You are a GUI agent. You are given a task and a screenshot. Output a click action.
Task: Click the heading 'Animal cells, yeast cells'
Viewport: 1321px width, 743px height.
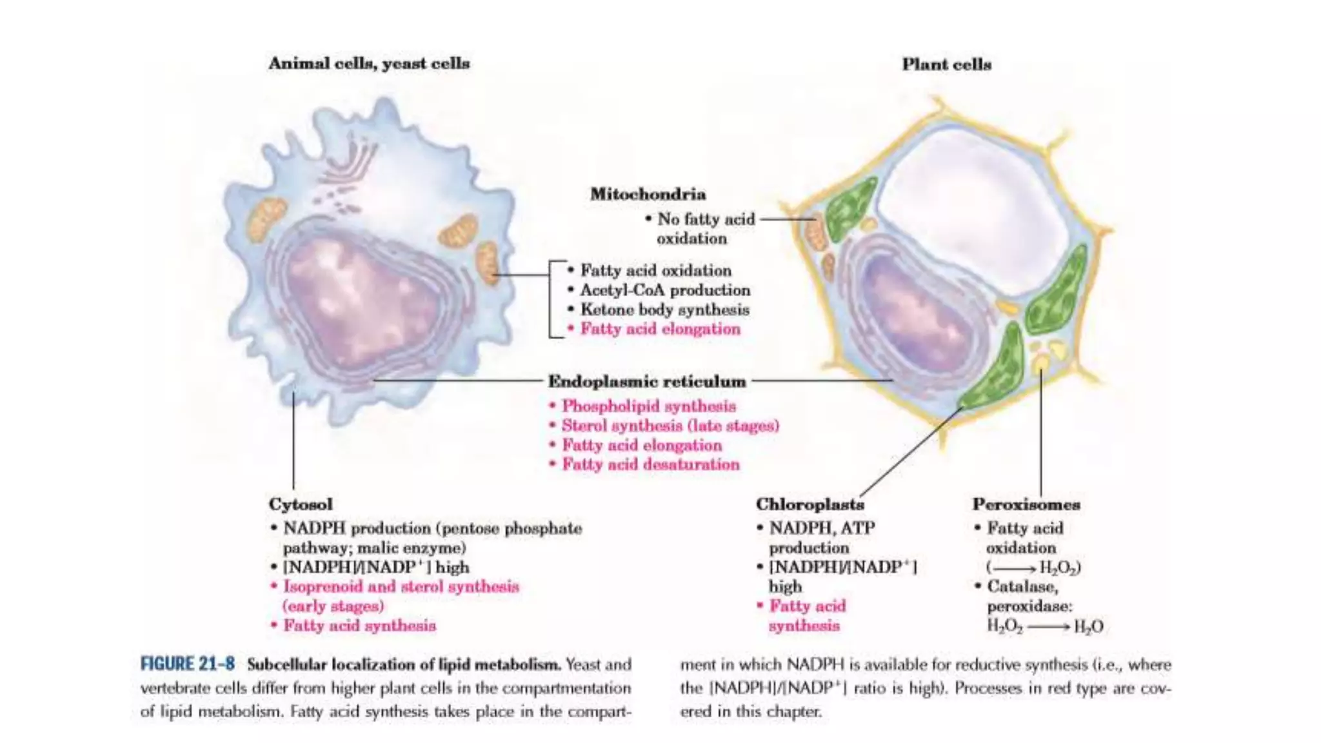click(x=369, y=63)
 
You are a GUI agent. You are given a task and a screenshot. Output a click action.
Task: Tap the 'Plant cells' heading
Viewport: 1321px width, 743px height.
click(x=946, y=64)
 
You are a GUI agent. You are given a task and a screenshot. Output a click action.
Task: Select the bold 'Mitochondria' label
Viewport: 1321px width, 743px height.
click(x=648, y=194)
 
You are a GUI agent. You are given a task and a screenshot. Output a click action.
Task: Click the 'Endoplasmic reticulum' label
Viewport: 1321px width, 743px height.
click(x=647, y=381)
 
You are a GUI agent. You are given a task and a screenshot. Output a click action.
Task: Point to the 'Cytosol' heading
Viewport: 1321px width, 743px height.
click(x=301, y=504)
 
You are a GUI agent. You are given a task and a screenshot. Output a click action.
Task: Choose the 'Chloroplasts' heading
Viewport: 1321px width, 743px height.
click(x=809, y=504)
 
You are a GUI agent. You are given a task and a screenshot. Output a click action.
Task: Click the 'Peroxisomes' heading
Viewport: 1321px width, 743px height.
click(x=1026, y=504)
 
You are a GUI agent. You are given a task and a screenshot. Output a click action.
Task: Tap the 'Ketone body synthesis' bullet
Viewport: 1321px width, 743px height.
click(x=664, y=310)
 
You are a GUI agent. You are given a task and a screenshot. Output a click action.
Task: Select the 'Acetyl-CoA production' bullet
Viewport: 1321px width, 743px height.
click(x=664, y=290)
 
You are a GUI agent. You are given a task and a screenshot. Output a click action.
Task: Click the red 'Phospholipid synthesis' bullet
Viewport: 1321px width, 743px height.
click(x=648, y=406)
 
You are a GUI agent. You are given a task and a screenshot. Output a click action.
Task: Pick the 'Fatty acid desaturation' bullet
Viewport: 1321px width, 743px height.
click(x=650, y=464)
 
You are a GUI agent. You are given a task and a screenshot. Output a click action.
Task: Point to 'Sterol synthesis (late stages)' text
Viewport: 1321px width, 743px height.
click(x=670, y=426)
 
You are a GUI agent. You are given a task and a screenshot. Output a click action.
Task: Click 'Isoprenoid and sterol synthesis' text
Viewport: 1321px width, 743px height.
click(x=401, y=587)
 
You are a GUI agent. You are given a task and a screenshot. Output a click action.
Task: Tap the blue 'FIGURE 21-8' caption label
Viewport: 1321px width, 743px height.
click(x=188, y=664)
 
